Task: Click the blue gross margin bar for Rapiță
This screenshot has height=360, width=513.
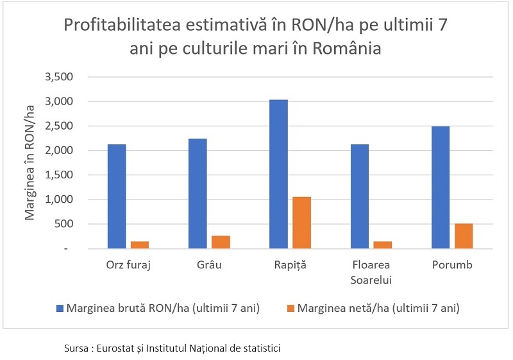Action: (278, 174)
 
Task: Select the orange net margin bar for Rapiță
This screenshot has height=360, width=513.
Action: (301, 223)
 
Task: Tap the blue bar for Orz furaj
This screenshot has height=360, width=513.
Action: (117, 196)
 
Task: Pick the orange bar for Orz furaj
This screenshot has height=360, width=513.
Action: (140, 245)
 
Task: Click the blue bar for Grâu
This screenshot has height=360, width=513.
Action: (198, 194)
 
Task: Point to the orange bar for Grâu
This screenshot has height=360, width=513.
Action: (221, 242)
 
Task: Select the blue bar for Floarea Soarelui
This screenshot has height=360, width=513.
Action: (360, 196)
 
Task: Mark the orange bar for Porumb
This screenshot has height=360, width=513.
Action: (464, 236)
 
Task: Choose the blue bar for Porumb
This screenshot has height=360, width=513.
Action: (441, 187)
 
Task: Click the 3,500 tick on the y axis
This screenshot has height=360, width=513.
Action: (59, 77)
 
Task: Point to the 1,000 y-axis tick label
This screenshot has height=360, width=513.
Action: (59, 200)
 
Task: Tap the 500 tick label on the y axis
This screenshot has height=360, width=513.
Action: (63, 224)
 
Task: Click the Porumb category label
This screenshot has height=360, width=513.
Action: (452, 264)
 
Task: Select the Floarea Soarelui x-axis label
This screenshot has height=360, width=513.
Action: (371, 272)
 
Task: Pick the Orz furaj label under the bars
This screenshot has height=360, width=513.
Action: (128, 265)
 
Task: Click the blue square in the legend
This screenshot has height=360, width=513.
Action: (60, 308)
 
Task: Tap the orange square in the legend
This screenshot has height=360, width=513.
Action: (290, 308)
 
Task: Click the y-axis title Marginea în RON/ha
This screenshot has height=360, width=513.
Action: (29, 162)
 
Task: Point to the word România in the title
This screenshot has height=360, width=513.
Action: (347, 48)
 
